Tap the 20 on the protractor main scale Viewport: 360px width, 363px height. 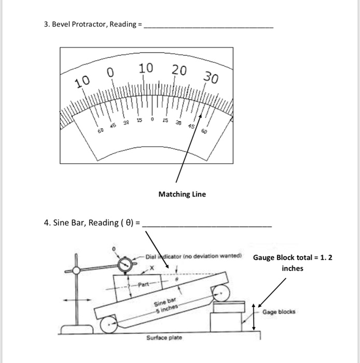(x=179, y=71)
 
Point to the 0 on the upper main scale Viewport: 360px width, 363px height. (x=110, y=73)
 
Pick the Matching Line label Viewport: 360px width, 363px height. (x=182, y=194)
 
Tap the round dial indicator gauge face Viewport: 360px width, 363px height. (x=125, y=266)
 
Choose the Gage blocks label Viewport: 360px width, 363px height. (x=279, y=312)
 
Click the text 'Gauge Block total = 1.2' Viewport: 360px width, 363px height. (x=293, y=258)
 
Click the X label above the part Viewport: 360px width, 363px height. (x=152, y=267)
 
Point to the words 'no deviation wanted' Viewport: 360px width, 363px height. (x=217, y=256)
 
